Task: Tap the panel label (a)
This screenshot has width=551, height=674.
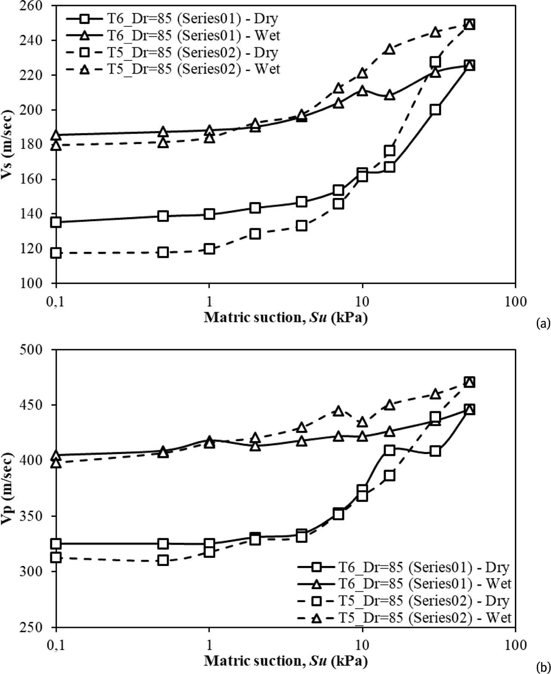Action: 542,323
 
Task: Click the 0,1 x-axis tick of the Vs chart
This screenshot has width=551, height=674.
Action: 56,301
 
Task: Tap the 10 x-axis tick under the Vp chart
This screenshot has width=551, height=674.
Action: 362,645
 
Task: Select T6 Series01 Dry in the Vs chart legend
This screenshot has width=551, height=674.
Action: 172,19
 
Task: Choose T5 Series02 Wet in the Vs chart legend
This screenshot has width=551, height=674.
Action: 172,69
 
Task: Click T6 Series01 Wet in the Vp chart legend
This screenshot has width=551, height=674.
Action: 405,583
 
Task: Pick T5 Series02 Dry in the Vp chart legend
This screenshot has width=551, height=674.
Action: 405,601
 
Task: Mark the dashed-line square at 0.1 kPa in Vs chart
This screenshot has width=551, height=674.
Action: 56,253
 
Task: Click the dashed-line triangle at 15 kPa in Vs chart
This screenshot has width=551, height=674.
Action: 390,49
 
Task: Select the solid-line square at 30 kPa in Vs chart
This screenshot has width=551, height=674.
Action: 435,109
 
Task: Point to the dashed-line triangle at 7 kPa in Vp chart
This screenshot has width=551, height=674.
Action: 339,411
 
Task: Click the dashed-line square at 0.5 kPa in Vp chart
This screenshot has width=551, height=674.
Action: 163,560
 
